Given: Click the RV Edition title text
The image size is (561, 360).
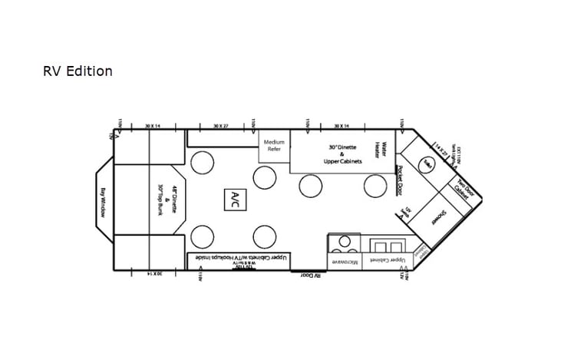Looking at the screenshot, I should click(x=78, y=71).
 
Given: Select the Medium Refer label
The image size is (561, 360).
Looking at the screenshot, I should click(x=274, y=145).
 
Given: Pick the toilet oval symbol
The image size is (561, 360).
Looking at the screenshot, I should click(x=426, y=163).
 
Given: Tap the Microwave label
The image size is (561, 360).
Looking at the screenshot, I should click(x=343, y=261).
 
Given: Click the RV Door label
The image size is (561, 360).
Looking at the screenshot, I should click(x=310, y=274).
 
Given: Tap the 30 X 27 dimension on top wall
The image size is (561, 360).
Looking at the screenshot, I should click(x=221, y=125).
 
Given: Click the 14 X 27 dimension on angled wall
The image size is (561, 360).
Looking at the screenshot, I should click(x=441, y=147).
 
